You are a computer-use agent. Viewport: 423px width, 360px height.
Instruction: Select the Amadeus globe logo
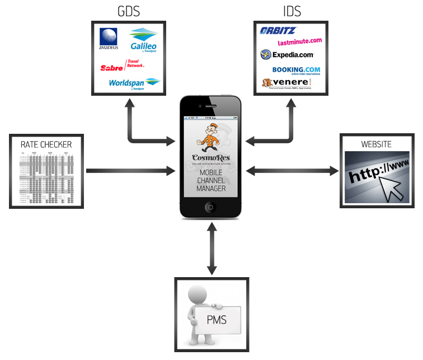click(109, 39)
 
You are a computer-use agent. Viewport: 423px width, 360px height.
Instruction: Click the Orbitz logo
click(279, 31)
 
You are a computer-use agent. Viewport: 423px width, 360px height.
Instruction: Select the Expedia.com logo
click(287, 55)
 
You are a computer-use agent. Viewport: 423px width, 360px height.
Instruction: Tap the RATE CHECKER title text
click(46, 144)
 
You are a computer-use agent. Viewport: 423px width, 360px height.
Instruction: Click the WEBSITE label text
click(377, 144)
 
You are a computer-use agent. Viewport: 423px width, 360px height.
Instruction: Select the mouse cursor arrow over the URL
click(392, 190)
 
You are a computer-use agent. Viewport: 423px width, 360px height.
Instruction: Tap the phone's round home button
click(211, 207)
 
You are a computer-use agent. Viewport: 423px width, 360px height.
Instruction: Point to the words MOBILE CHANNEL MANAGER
click(211, 180)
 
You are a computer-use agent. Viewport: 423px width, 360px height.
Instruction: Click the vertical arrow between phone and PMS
click(211, 249)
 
